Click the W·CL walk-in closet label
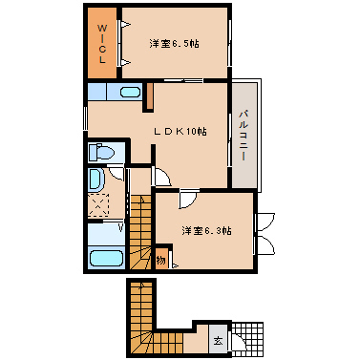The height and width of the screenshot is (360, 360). [100, 44]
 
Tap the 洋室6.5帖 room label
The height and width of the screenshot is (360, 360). [173, 44]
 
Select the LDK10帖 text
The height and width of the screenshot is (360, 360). [182, 131]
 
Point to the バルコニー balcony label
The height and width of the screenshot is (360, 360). [244, 135]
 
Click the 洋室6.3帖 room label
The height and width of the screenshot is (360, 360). [205, 230]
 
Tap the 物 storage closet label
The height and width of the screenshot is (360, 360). [161, 260]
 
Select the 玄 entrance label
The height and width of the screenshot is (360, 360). [218, 340]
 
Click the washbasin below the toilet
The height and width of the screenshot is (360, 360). [98, 180]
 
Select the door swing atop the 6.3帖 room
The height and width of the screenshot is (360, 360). [188, 199]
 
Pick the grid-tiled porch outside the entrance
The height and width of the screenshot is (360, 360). [245, 339]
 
